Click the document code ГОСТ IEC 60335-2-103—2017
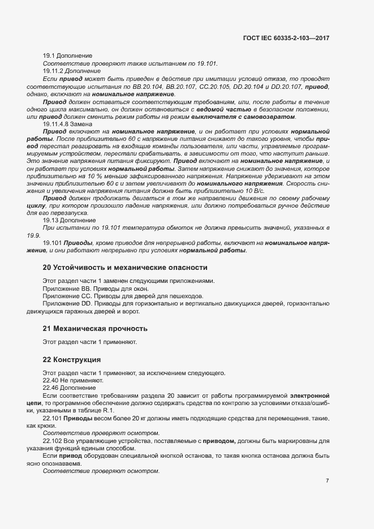click(x=285, y=38)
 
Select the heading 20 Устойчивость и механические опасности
click(x=117, y=267)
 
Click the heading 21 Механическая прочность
click(x=95, y=328)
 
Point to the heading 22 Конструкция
click(x=72, y=359)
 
